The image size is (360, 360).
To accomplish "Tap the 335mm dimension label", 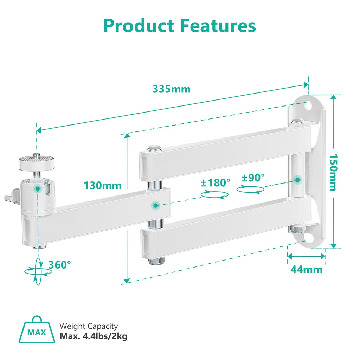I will (x=171, y=89).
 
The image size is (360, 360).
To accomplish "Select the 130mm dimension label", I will (x=103, y=185).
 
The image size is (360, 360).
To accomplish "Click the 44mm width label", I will (x=306, y=270).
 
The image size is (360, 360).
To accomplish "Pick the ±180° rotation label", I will (x=216, y=182).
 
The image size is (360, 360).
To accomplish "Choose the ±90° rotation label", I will (x=253, y=177).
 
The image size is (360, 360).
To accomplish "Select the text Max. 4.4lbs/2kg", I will (x=94, y=336).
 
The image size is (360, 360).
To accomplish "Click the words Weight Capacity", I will (x=89, y=327).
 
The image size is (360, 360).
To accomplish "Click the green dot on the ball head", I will (x=37, y=189).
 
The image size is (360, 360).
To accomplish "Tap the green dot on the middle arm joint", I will (x=155, y=204).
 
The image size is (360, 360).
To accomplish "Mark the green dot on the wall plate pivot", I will (x=297, y=180).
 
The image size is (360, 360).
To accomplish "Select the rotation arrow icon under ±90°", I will (x=250, y=189).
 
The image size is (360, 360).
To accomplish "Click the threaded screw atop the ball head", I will (x=36, y=156).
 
